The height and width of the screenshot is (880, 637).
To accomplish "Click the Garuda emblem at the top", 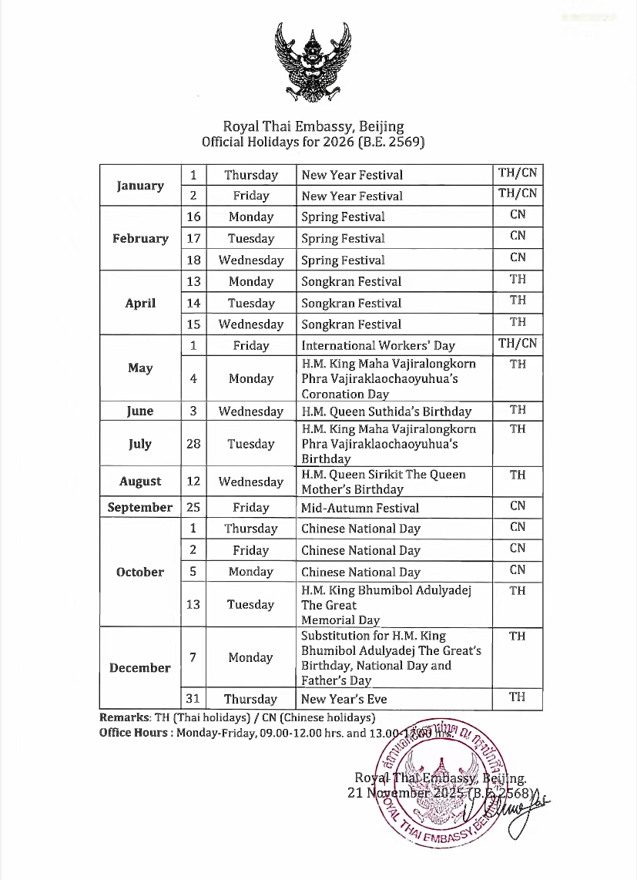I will [313, 62].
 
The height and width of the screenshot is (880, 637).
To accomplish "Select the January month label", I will [140, 186].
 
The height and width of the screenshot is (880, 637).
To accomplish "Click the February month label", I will [140, 239].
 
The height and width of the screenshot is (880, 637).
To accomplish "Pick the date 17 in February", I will [193, 239].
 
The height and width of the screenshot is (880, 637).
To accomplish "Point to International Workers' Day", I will [377, 346].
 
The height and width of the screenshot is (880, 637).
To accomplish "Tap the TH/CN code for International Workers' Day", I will [518, 344].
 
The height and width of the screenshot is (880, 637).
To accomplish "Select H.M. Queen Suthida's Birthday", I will [386, 411].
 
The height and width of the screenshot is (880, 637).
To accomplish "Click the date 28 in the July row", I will [193, 444].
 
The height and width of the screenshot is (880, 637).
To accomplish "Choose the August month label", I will [140, 482].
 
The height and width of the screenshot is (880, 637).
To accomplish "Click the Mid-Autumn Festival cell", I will [360, 508].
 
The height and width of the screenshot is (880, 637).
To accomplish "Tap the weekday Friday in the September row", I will [251, 508].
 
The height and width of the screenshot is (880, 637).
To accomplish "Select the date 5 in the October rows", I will [193, 572].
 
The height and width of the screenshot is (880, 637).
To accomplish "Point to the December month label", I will [140, 668].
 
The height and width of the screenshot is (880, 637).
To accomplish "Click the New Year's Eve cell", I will [344, 700].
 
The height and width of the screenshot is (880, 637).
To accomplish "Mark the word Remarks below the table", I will [125, 718].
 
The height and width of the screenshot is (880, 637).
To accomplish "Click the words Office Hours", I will [134, 733].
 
